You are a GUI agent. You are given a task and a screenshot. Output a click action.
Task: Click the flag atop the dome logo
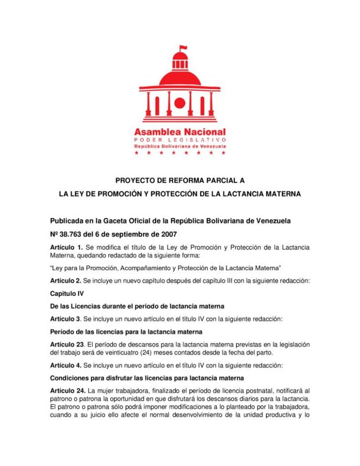point(183,48)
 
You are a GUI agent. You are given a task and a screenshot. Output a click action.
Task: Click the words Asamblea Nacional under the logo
point(180,132)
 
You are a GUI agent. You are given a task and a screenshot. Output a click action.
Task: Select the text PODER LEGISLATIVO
point(180,140)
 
